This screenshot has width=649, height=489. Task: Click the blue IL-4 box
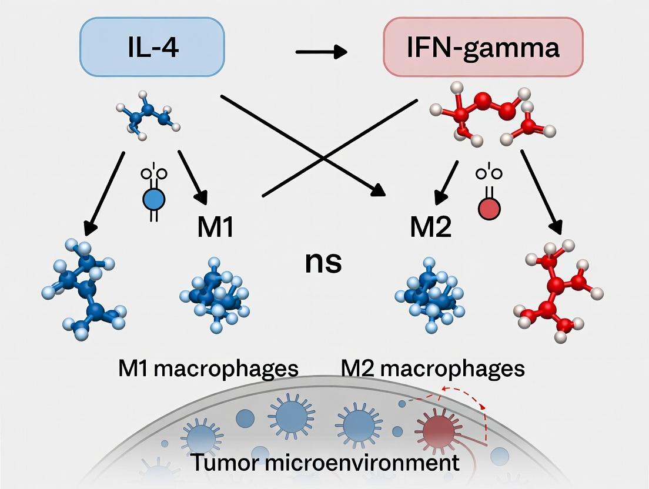(152, 47)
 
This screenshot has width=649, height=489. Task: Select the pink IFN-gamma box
(483, 47)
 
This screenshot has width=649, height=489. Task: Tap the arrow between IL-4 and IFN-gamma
(321, 52)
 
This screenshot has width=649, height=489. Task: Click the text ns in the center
(323, 262)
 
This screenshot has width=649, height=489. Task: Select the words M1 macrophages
(208, 369)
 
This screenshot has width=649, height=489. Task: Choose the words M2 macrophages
(433, 369)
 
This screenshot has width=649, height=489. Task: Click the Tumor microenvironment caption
(326, 462)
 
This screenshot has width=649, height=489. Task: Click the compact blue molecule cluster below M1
(215, 294)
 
